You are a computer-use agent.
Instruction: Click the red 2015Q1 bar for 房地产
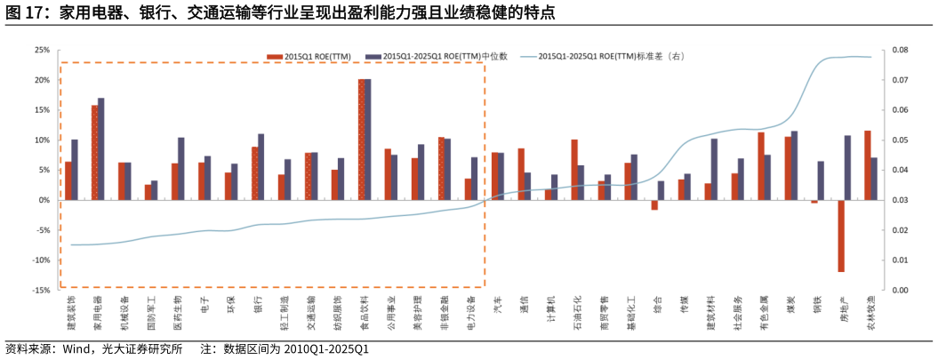(840, 236)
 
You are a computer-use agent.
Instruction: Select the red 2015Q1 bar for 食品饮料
(362, 140)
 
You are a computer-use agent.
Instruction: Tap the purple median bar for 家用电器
(100, 148)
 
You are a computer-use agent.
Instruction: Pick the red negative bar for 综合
(654, 204)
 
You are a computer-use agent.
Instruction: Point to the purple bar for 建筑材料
(714, 169)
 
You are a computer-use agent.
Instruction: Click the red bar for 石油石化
(574, 170)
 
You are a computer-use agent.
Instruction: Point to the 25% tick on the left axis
(41, 50)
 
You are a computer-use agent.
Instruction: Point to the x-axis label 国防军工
(151, 314)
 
